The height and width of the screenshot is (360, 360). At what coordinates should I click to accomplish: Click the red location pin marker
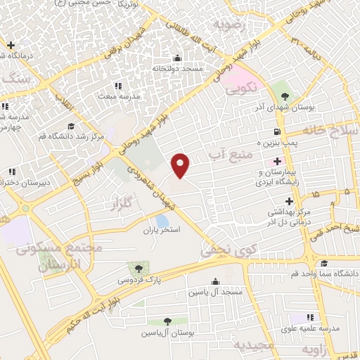[x=181, y=165]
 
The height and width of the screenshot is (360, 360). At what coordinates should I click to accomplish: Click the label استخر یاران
[x=162, y=230]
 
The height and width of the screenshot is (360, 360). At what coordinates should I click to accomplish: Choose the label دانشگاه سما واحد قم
[x=330, y=272]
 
